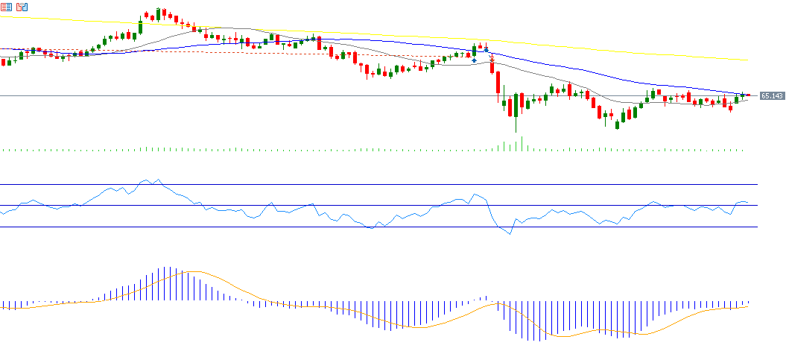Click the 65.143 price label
(x=772, y=96)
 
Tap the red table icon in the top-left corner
(x=6, y=7)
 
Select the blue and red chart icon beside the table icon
(x=22, y=7)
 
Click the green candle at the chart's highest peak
(x=158, y=14)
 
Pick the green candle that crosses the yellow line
(x=140, y=27)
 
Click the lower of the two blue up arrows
(x=474, y=60)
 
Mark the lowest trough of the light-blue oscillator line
(x=510, y=234)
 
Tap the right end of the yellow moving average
(x=747, y=60)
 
